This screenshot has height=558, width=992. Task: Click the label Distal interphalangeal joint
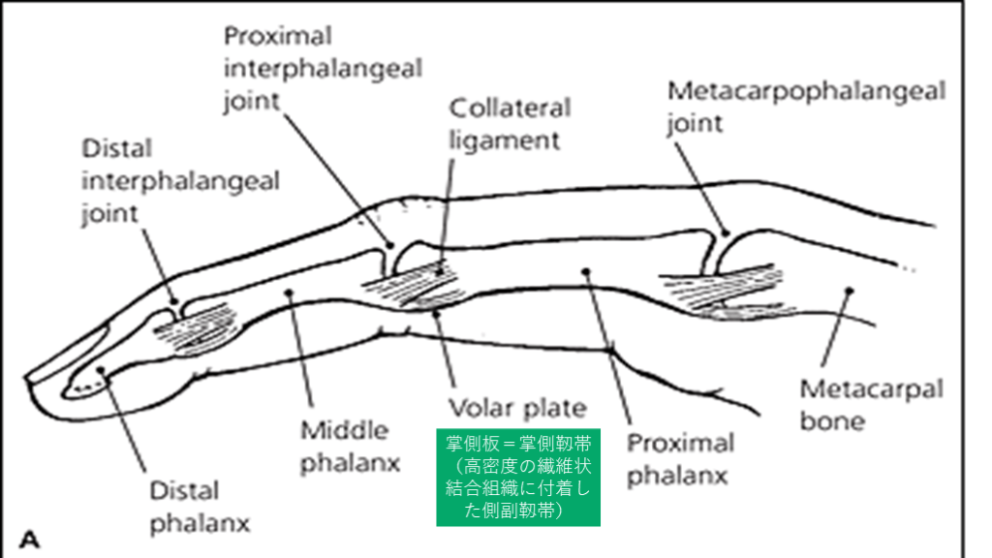click(x=180, y=181)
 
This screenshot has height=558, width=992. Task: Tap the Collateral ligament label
click(x=510, y=123)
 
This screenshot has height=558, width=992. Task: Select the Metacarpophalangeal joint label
click(x=806, y=107)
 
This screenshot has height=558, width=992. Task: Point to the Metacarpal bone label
click(x=870, y=405)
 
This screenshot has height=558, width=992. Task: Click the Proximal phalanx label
click(x=680, y=459)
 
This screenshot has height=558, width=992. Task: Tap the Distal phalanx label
click(x=200, y=507)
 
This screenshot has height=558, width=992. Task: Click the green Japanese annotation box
click(x=518, y=477)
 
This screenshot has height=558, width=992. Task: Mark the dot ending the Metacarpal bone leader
click(x=849, y=289)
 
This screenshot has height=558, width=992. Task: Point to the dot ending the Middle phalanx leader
click(x=289, y=290)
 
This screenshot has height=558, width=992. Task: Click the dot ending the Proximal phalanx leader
click(x=585, y=271)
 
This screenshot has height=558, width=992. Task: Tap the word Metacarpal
click(x=870, y=389)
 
